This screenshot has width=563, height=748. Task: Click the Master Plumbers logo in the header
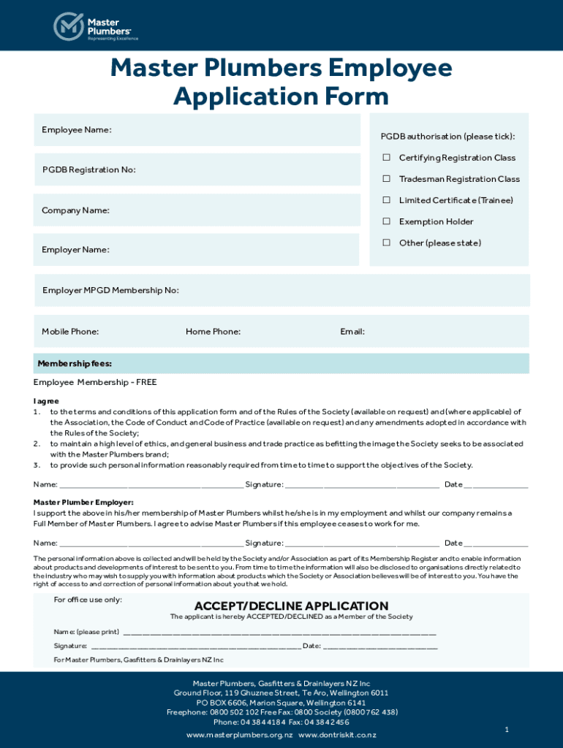95,26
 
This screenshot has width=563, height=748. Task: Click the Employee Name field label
77,130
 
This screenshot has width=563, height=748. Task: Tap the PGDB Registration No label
88,169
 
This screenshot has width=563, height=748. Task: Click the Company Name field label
75,210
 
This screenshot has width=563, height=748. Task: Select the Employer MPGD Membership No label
110,290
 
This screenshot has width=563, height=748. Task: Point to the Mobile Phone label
70,332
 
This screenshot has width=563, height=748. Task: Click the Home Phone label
213,332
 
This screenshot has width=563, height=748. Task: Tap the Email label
352,332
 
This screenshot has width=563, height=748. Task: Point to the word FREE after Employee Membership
145,382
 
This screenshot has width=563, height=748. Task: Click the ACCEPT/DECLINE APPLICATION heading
291,606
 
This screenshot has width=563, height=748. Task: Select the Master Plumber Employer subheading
83,502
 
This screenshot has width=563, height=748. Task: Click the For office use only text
88,600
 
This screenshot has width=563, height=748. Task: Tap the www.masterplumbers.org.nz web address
239,734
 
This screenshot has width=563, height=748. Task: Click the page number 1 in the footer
506,730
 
